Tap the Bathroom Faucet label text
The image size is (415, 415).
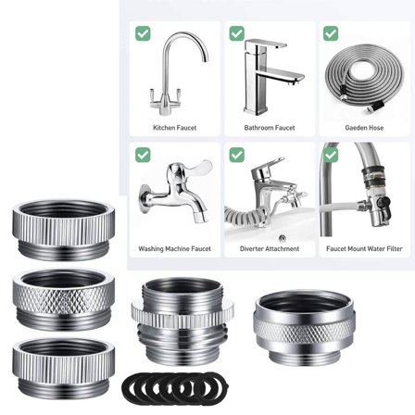click(256, 128)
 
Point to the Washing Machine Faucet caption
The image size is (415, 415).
click(174, 248)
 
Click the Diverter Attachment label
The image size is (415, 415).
click(256, 248)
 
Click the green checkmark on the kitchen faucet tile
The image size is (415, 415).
click(143, 33)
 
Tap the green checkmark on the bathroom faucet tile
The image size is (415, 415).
click(236, 33)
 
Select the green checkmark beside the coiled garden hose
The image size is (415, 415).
click(331, 33)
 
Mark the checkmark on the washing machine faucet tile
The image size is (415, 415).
click(143, 154)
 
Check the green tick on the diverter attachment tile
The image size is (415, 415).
click(236, 154)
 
